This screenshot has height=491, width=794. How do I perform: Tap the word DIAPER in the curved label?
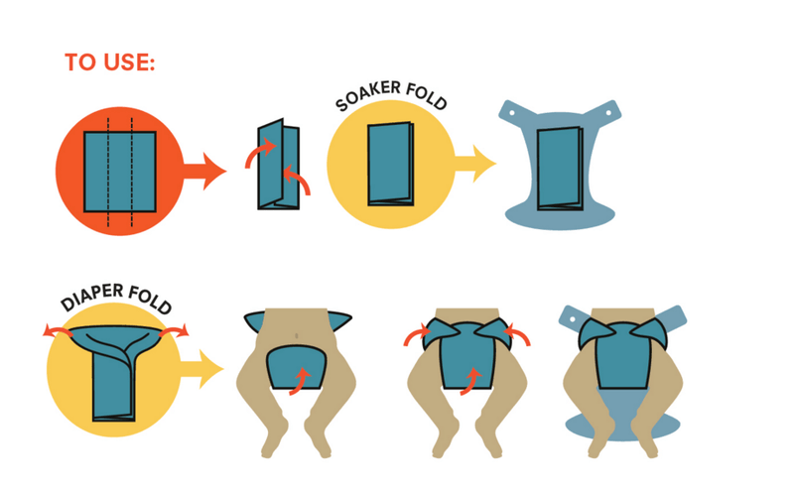(92, 298)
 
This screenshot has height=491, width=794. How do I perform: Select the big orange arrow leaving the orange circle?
(204, 171)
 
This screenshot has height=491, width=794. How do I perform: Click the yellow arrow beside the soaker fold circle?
(475, 163)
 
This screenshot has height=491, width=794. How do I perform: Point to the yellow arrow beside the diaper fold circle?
(201, 369)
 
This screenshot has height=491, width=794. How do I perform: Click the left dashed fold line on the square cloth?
(108, 173)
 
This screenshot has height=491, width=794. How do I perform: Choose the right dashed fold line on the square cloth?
(132, 173)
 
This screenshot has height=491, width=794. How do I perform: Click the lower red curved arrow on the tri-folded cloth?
(298, 179)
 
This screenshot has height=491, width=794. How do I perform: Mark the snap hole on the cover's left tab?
(511, 113)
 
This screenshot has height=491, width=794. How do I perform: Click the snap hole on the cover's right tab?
(609, 110)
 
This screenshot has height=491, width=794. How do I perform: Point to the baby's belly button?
(296, 335)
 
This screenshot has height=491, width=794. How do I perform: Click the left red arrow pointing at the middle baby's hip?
(417, 335)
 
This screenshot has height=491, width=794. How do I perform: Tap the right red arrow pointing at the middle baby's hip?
(516, 335)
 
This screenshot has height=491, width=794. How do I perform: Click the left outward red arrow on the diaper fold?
(57, 331)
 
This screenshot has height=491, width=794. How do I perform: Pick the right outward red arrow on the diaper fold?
(175, 331)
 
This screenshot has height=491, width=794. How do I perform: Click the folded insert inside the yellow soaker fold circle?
(391, 164)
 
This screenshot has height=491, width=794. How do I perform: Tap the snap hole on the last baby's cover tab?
(573, 320)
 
